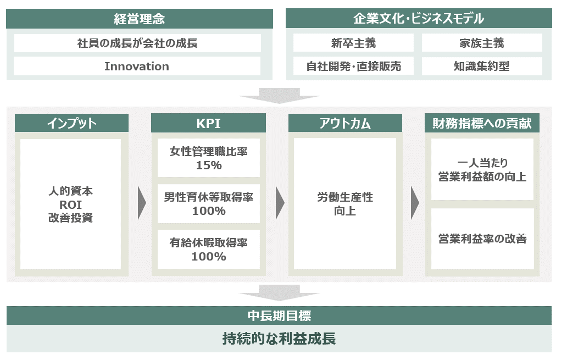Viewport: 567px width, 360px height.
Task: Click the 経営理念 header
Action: [x=140, y=19]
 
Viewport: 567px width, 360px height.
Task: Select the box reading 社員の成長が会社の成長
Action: [x=137, y=43]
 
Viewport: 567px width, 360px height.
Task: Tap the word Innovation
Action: [x=137, y=67]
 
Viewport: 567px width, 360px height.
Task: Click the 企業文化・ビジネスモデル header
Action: [x=419, y=19]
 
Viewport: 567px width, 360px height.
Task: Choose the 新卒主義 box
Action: [x=354, y=43]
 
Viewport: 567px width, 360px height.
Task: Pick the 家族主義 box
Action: [x=482, y=43]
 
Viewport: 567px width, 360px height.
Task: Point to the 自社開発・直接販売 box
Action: [x=354, y=67]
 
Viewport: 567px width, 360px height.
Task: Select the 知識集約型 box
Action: [x=482, y=67]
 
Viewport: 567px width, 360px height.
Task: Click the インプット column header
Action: [x=71, y=123]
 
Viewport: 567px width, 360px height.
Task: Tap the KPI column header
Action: [x=208, y=123]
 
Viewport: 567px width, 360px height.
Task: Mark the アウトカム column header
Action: [x=345, y=123]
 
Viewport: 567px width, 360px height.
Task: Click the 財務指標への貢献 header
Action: [x=482, y=123]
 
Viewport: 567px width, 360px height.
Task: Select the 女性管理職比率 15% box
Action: [x=208, y=158]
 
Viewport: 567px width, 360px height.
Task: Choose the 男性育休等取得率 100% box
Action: [x=208, y=203]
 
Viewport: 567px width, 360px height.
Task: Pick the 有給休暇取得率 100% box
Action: [x=208, y=249]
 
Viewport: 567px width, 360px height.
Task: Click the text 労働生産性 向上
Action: [x=345, y=204]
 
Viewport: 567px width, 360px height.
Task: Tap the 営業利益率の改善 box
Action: [x=482, y=239]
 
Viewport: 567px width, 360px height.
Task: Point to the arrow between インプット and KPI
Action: [x=142, y=204]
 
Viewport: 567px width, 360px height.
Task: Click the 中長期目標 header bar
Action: [x=279, y=316]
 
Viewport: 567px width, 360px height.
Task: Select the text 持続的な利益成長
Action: [x=279, y=339]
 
